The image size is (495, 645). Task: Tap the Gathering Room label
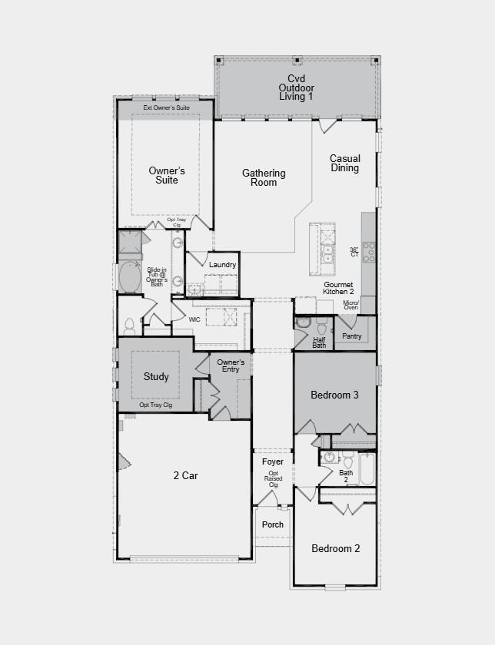coord(264,178)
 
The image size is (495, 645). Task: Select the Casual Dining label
coord(345,164)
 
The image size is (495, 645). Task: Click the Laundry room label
coord(222,265)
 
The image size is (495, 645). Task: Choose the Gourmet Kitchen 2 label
coord(339,288)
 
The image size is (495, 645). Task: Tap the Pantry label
coord(352,336)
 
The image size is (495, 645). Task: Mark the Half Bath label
coord(319,342)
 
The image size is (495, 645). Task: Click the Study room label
coord(156,377)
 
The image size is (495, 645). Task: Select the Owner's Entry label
coord(231,365)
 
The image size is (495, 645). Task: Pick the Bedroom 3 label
coord(334,395)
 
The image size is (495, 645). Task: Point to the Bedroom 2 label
coord(335,548)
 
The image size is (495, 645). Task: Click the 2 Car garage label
coord(184,476)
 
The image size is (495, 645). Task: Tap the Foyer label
coord(273,462)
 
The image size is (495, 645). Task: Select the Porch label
coord(273,524)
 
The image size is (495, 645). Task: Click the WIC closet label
coord(195,318)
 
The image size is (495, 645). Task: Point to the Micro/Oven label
coord(351,306)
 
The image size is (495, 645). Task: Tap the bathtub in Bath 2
coord(367,468)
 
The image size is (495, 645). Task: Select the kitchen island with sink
coord(323,248)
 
